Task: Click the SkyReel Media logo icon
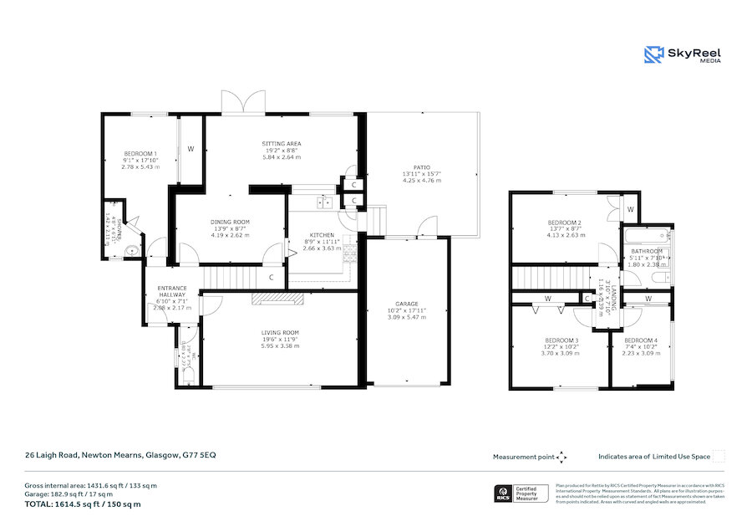[x=653, y=55]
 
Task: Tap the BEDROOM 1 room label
[x=140, y=153]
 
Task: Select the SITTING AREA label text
[x=282, y=144]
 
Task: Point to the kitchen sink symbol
[x=324, y=202]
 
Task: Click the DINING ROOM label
[x=230, y=222]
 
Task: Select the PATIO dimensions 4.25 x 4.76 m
[x=422, y=180]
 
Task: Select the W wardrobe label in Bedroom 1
[x=191, y=149]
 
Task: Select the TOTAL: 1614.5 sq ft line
[x=82, y=504]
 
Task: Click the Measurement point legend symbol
[x=561, y=457]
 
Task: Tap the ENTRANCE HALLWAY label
[x=173, y=293]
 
